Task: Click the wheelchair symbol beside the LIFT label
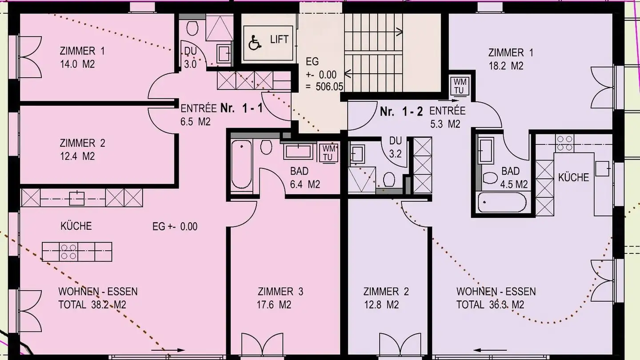[x=255, y=43]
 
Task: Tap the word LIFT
[x=279, y=40]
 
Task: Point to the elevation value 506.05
[x=329, y=87]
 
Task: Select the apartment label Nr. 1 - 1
[x=241, y=108]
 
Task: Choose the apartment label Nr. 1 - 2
[x=402, y=112]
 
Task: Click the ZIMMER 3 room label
[x=280, y=292]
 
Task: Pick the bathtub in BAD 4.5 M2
[x=502, y=202]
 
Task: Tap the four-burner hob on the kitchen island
[x=68, y=252]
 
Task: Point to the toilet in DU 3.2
[x=389, y=180]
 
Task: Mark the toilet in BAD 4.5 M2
[x=490, y=178]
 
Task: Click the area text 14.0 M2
[x=77, y=64]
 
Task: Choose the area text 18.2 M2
[x=506, y=66]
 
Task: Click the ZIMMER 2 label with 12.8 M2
[x=386, y=298]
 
